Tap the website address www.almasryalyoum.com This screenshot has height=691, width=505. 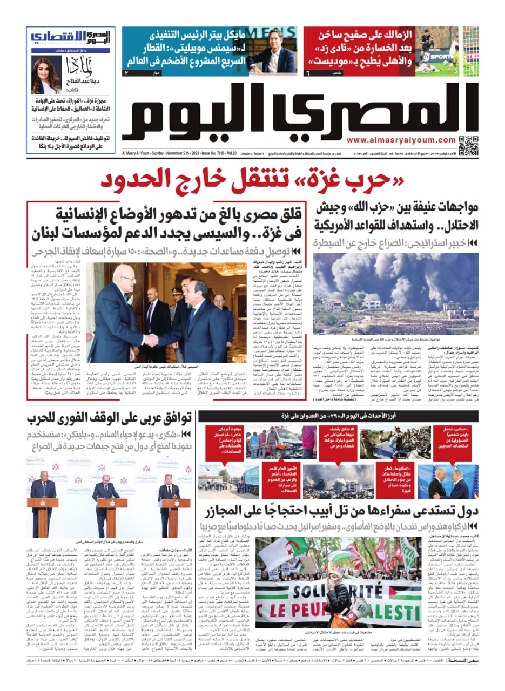coord(408,140)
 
